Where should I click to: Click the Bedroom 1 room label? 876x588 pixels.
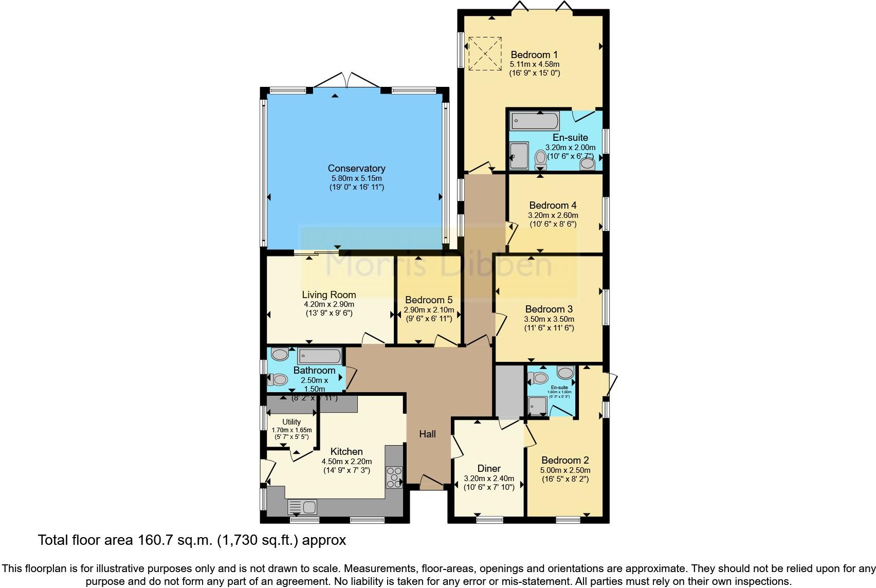pos(534,55)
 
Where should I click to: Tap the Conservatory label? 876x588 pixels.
pos(356,169)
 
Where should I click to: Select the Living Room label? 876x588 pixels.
pos(328,295)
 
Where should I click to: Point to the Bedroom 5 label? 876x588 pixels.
pos(428,300)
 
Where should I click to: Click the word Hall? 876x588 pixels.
pos(427,434)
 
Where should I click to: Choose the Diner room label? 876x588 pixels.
pos(488,469)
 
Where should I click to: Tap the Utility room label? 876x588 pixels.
pos(291,422)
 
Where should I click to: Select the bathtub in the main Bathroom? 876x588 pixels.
pos(319,356)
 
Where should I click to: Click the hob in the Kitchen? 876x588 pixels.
pos(395,476)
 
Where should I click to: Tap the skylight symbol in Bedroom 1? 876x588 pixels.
pos(484,52)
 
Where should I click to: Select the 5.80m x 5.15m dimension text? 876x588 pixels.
pos(356,178)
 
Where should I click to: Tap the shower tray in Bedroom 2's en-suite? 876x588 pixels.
pos(538,406)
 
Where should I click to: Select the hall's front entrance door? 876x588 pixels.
pos(430,482)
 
